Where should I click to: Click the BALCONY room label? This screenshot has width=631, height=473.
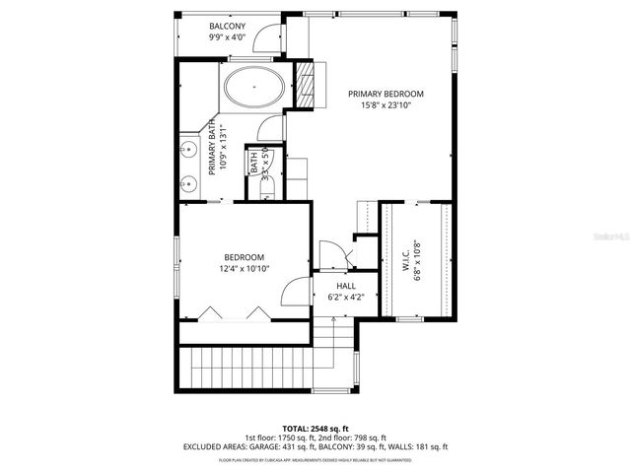point(228,26)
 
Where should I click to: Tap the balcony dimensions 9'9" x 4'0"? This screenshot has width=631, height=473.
point(228,37)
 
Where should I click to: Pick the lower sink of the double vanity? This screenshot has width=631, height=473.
point(187,183)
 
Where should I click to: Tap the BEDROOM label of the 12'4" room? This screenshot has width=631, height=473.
point(244,257)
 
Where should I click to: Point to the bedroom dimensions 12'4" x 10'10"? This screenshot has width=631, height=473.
point(244,268)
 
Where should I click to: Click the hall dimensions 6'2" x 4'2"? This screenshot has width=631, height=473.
point(332,295)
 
